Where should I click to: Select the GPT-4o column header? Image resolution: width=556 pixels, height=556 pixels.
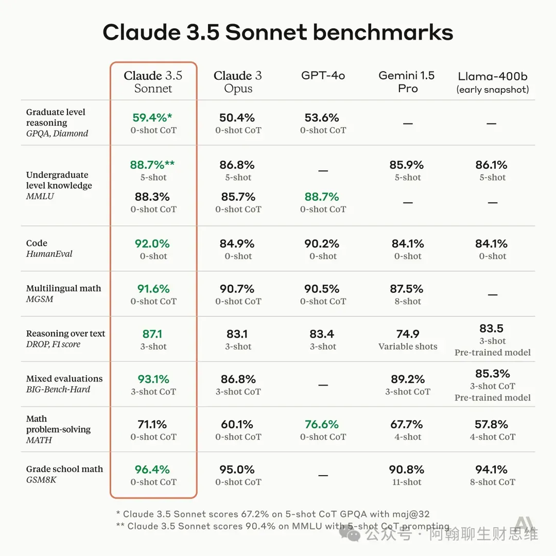(323, 76)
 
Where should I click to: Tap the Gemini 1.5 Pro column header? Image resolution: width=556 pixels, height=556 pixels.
(407, 82)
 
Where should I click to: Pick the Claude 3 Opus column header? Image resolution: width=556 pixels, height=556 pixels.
(238, 82)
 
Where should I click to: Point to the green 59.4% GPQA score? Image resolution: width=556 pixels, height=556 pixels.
(152, 117)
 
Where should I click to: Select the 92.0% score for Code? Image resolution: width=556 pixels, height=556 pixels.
(153, 244)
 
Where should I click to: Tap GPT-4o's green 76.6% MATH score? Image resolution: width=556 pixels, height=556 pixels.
(322, 424)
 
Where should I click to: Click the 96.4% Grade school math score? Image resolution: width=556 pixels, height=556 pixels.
(152, 470)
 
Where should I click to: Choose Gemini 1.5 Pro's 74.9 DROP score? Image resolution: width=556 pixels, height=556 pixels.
(408, 334)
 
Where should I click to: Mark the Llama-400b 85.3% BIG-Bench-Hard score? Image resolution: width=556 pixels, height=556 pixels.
(493, 374)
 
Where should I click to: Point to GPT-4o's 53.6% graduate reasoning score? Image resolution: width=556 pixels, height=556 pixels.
(322, 117)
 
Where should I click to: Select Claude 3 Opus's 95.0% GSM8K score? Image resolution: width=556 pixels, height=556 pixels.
(237, 470)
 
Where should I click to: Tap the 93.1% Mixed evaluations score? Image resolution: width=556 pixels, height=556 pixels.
(153, 379)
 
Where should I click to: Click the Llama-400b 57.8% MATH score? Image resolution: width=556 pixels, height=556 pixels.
(492, 424)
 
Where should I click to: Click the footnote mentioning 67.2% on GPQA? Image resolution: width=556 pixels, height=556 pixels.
(273, 514)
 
